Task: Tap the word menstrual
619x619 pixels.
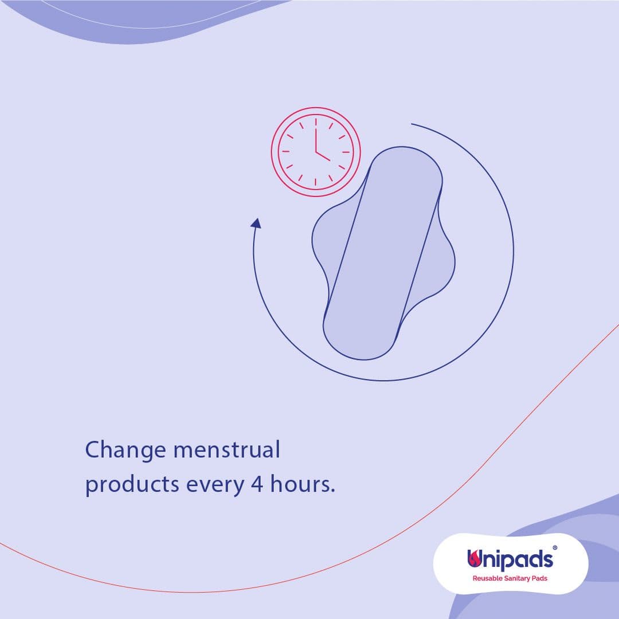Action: [x=226, y=449]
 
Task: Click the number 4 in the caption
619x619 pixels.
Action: [x=257, y=484]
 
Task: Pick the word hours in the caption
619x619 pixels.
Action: [x=299, y=483]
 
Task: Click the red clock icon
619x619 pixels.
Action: [x=316, y=151]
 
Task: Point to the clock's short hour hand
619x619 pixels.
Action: [x=323, y=156]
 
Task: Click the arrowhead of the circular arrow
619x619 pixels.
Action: [x=256, y=224]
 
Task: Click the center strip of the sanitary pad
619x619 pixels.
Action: [x=382, y=253]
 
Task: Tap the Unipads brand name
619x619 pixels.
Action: [x=510, y=559]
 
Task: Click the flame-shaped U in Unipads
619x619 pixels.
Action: [x=474, y=558]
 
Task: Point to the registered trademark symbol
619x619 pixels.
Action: [x=555, y=547]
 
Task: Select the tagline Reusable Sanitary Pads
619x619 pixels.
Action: [x=510, y=578]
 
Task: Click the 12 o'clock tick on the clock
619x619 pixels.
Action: [x=316, y=122]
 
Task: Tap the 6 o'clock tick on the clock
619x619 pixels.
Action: [x=316, y=182]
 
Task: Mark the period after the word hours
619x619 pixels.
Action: [x=333, y=491]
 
